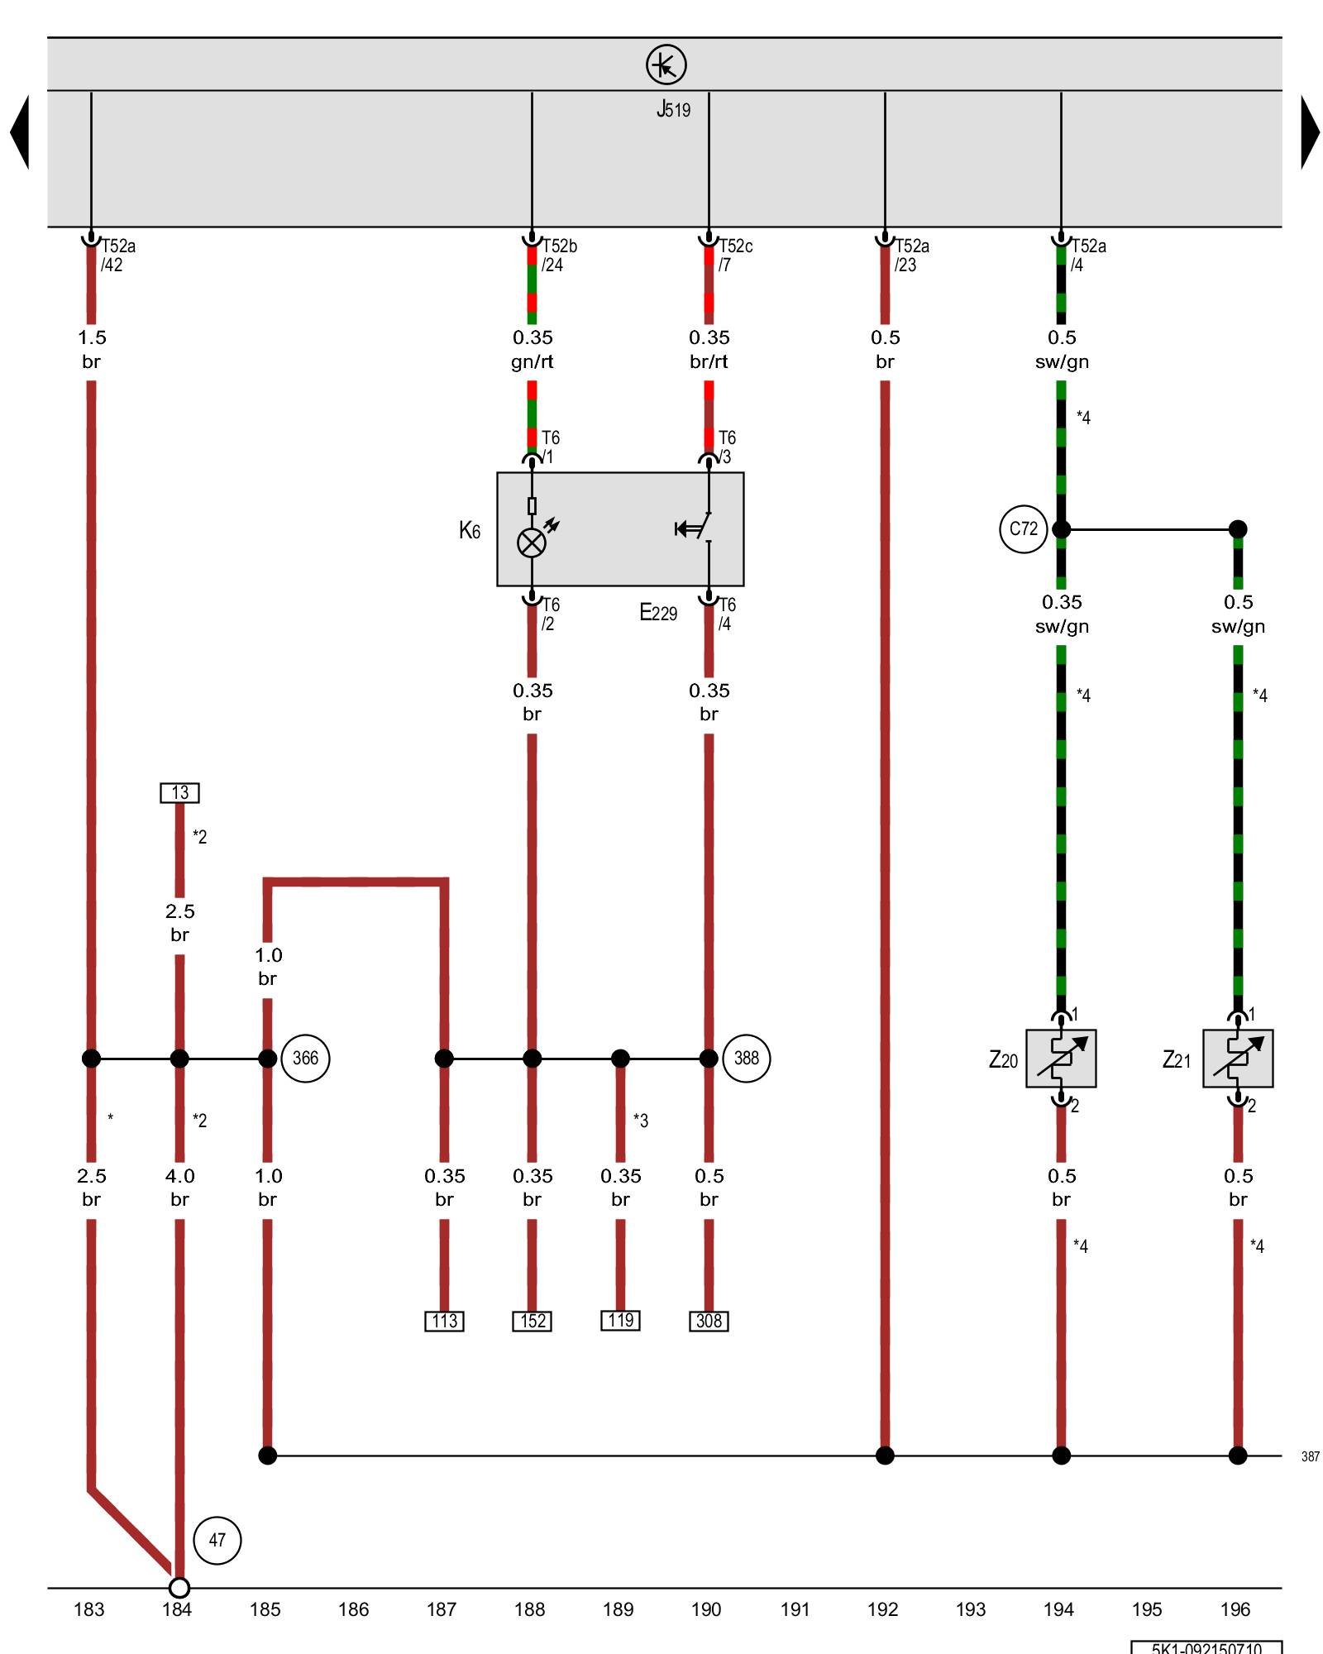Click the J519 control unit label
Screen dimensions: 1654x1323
[x=673, y=109]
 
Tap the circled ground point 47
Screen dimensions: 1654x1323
[x=217, y=1540]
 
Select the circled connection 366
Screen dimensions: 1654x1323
[x=305, y=1058]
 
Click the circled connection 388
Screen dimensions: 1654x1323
[x=746, y=1058]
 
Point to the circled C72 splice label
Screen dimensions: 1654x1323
[x=1023, y=528]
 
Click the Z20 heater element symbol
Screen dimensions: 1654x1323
[x=1061, y=1059]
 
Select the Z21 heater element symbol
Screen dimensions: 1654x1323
[x=1238, y=1059]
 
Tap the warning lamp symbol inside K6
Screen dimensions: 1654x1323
[x=532, y=543]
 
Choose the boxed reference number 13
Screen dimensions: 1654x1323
[x=179, y=793]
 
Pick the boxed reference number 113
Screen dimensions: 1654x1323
[x=444, y=1321]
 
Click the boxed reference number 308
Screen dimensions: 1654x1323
[x=709, y=1321]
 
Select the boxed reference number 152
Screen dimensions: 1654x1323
[x=532, y=1321]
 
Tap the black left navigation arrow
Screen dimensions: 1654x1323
[x=20, y=132]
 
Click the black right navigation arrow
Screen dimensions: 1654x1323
[x=1309, y=132]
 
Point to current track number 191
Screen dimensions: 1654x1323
[x=795, y=1609]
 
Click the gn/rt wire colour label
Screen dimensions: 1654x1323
[x=532, y=361]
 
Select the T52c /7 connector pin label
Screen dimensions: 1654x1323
[x=734, y=255]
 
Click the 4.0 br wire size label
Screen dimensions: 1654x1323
[x=179, y=1188]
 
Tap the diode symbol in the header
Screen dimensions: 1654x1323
[x=666, y=65]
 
